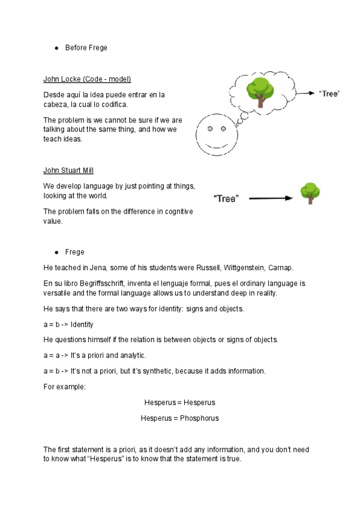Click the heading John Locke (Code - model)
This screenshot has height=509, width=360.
point(87,79)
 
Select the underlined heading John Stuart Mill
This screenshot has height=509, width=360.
point(68,170)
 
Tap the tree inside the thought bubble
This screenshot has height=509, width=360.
point(260,92)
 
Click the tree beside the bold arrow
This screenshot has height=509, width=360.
point(310,193)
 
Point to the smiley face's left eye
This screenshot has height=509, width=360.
point(210,128)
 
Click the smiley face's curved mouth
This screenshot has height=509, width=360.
point(217,144)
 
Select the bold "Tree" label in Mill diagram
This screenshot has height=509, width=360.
point(226,198)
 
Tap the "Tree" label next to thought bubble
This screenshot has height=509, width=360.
point(329,94)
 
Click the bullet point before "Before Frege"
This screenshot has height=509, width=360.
point(56,47)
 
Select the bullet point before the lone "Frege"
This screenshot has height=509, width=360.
point(56,252)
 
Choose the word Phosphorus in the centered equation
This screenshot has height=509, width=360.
point(196,418)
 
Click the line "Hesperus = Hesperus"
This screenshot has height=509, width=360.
point(179,402)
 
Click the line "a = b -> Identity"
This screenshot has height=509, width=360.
point(68,325)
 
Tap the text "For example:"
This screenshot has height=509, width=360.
point(65,387)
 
